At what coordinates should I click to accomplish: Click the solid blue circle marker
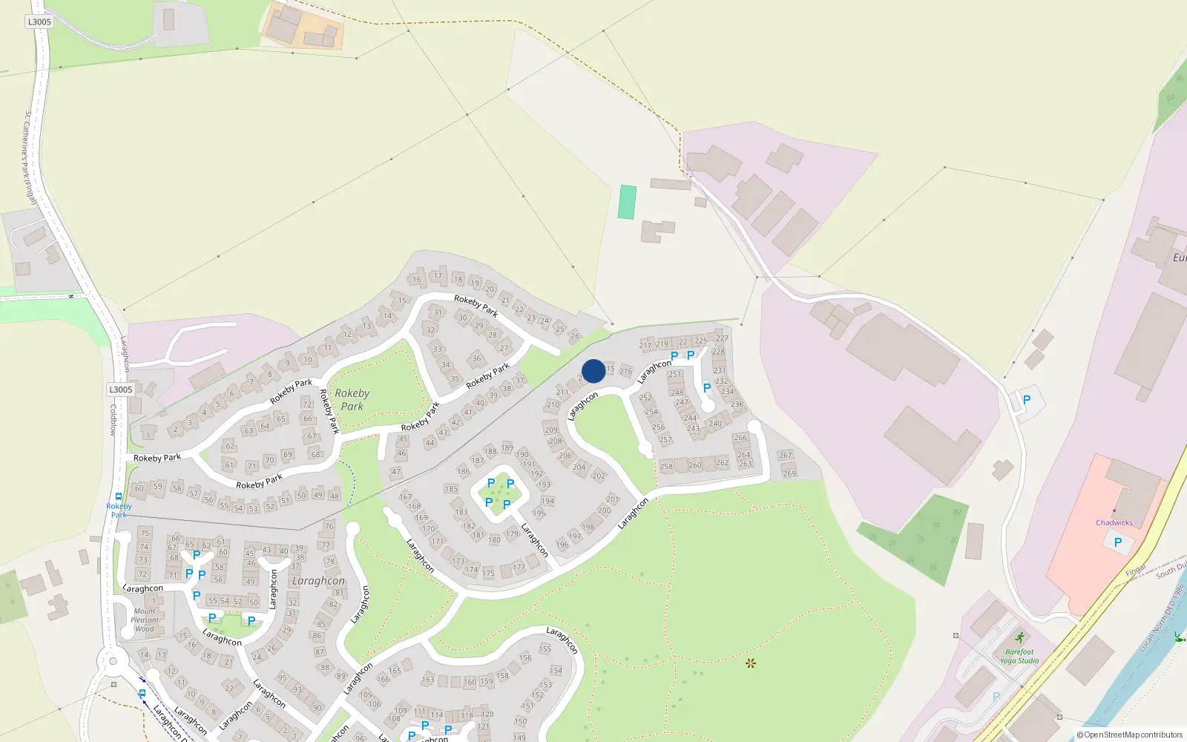[593, 371]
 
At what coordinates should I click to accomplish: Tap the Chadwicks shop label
[1114, 522]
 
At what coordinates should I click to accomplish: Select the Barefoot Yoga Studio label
[1019, 657]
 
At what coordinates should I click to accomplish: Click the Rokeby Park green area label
[352, 399]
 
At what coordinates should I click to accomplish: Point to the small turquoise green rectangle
[627, 202]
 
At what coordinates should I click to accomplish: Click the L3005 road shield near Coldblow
[121, 390]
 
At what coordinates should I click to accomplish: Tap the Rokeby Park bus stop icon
[119, 497]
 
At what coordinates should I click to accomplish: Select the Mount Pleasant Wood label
[145, 620]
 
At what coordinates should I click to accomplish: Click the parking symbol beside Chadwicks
[1118, 542]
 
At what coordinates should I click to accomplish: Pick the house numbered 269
[789, 473]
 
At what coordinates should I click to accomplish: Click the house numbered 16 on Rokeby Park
[417, 280]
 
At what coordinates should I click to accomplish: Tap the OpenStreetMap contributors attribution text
[1130, 735]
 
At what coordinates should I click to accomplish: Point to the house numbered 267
[786, 455]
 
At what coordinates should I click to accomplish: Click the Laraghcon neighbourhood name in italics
[318, 581]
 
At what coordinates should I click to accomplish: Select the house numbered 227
[722, 338]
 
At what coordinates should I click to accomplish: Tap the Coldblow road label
[114, 419]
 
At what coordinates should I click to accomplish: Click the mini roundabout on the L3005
[113, 660]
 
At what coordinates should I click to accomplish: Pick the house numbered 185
[451, 489]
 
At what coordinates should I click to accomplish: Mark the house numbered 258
[666, 467]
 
